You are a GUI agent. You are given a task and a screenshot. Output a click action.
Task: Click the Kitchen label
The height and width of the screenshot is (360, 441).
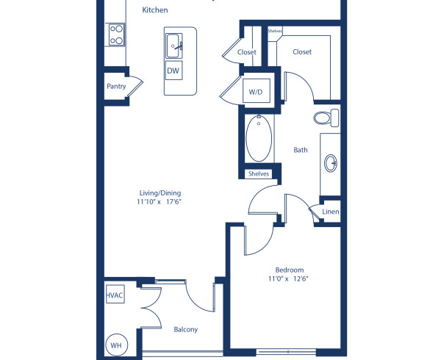pyautogui.click(x=154, y=11)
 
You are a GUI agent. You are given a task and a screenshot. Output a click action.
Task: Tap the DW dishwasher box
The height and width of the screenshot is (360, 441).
pyautogui.click(x=173, y=71)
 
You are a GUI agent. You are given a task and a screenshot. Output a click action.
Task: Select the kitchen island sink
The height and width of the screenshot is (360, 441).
pyautogui.click(x=174, y=45)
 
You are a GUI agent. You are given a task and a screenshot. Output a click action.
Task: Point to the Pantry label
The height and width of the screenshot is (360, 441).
pyautogui.click(x=116, y=86)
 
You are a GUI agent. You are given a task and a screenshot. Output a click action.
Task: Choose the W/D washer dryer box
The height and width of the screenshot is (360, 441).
pyautogui.click(x=255, y=92)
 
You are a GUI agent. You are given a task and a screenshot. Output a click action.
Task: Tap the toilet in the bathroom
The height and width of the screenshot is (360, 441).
pyautogui.click(x=326, y=117)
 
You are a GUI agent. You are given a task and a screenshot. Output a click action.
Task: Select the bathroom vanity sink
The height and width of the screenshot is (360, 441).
pyautogui.click(x=331, y=162)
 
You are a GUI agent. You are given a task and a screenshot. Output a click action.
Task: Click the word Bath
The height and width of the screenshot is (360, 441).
pyautogui.click(x=301, y=150)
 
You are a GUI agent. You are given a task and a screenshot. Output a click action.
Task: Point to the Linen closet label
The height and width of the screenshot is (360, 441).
pyautogui.click(x=330, y=212)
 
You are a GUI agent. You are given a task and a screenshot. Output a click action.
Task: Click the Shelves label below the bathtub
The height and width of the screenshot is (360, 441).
pyautogui.click(x=259, y=174)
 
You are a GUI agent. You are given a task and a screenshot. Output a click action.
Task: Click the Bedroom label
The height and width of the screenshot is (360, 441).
pyautogui.click(x=290, y=270)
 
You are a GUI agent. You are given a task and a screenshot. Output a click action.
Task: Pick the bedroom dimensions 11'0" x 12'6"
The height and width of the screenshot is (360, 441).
pyautogui.click(x=290, y=279)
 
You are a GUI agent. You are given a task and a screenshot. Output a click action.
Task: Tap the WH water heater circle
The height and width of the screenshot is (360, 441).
pyautogui.click(x=115, y=345)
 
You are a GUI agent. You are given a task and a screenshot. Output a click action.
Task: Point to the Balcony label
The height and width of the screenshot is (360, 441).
pyautogui.click(x=185, y=330)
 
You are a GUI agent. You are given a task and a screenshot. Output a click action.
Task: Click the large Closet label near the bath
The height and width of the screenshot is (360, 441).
pyautogui.click(x=302, y=52)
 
